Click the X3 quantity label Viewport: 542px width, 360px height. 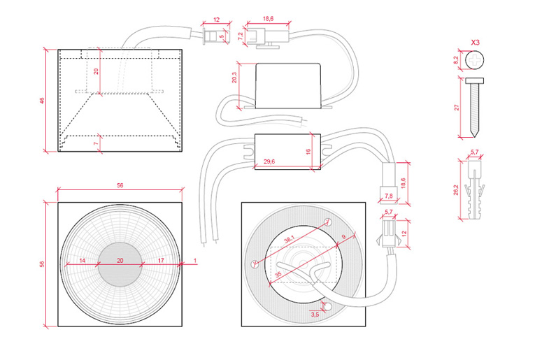[x=476, y=43]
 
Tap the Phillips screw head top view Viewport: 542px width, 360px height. [x=475, y=60]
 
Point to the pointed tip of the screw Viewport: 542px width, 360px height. [x=475, y=136]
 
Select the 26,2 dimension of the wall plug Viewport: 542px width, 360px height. [x=456, y=189]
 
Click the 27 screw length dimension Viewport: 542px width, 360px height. [x=457, y=108]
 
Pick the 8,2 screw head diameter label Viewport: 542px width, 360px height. [x=456, y=60]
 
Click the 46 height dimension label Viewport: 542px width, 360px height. [x=42, y=101]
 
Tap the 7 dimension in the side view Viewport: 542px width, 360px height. [x=97, y=143]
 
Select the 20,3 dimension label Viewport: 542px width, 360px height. [x=234, y=78]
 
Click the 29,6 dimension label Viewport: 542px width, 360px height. [x=269, y=161]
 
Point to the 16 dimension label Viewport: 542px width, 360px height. [x=308, y=151]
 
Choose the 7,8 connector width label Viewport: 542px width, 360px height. [x=389, y=196]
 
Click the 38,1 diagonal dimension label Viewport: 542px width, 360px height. [x=289, y=239]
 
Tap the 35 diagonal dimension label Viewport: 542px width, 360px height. [x=278, y=275]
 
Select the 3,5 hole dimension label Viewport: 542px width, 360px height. [x=315, y=315]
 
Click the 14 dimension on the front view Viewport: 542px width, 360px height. [x=82, y=260]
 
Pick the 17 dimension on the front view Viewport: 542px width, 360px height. [x=161, y=260]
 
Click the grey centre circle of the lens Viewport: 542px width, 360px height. [x=120, y=264]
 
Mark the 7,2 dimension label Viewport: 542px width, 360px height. [x=241, y=36]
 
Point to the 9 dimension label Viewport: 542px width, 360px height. [x=343, y=237]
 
